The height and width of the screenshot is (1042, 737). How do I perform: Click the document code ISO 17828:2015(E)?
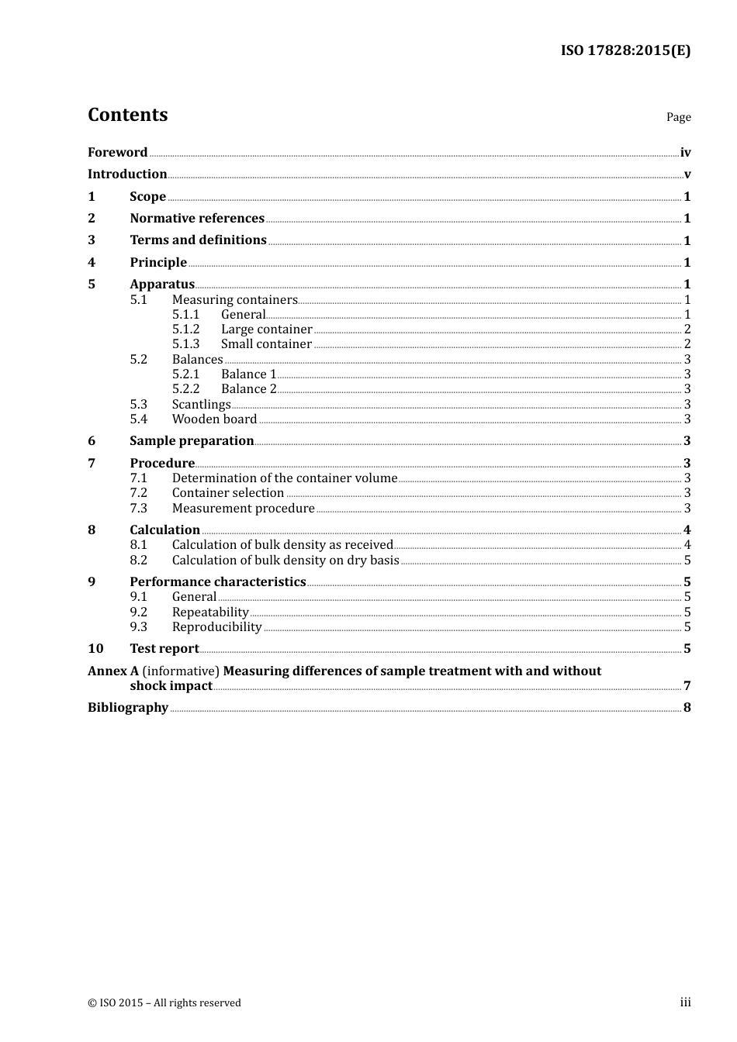tap(625, 51)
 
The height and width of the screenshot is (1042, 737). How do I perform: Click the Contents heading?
tap(128, 115)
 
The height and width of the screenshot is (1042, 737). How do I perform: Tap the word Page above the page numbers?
tap(678, 117)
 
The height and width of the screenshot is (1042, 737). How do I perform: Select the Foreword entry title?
tap(117, 153)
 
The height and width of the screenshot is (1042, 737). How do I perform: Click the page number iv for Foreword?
tap(685, 153)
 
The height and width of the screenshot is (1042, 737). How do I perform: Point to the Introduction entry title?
tap(127, 174)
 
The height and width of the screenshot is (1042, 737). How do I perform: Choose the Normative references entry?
tap(197, 219)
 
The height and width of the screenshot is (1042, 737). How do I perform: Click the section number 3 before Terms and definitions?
tap(92, 240)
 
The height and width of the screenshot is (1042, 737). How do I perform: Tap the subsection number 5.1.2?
tap(185, 330)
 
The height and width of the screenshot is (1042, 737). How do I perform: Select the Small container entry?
tap(266, 344)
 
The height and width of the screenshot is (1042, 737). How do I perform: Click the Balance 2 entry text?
tap(248, 389)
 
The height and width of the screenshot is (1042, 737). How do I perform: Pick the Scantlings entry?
tap(201, 405)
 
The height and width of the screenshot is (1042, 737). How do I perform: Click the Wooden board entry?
tap(214, 419)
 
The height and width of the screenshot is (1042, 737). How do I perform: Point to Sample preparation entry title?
tap(192, 441)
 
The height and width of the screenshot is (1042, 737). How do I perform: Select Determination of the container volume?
tap(284, 478)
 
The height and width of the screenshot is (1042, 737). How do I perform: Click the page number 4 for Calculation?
tap(687, 530)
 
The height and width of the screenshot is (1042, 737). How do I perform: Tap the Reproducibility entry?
tap(216, 627)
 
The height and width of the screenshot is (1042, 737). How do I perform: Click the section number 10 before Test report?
tap(95, 649)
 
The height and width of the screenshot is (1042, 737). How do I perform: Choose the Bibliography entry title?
tap(128, 708)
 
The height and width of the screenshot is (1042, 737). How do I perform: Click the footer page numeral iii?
tap(685, 1002)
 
